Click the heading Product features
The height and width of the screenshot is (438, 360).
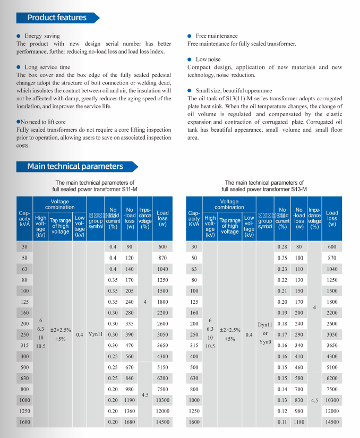click(x=57, y=18)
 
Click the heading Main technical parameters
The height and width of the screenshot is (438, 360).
click(x=75, y=166)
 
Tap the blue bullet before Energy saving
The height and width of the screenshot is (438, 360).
click(x=19, y=36)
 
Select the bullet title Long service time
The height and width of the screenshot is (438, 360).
click(x=47, y=67)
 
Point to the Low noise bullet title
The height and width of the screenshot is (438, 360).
click(x=208, y=59)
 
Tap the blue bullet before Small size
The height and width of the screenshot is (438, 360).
click(x=190, y=91)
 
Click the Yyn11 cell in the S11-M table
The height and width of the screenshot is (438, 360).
click(x=96, y=334)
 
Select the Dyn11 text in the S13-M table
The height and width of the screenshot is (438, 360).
click(x=264, y=324)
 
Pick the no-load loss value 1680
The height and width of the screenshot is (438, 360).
click(x=130, y=422)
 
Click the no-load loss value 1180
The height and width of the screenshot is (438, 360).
click(x=299, y=422)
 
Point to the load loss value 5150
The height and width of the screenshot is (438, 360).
click(x=162, y=367)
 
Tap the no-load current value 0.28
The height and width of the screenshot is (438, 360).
click(x=282, y=247)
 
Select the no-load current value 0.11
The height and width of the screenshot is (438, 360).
click(x=282, y=422)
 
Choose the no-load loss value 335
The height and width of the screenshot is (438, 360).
click(x=130, y=324)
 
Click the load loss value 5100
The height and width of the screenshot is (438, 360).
click(x=332, y=367)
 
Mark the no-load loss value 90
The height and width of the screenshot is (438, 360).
click(x=130, y=247)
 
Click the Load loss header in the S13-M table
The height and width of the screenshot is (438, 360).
click(x=332, y=218)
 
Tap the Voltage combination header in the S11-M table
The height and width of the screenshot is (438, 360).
click(x=60, y=204)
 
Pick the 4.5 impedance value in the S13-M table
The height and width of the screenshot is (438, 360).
click(x=315, y=400)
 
